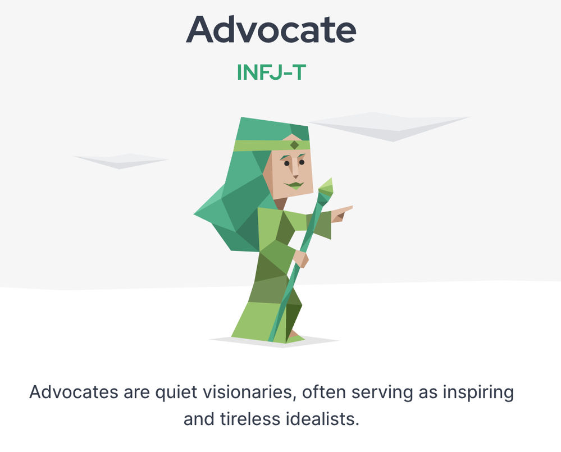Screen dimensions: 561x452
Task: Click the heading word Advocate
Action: pos(271,30)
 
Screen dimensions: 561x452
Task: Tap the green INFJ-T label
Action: pos(272,72)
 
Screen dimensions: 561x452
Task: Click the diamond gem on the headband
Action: pos(294,145)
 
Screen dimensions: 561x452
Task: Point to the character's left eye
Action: pos(302,162)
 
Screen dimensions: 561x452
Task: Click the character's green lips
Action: pos(294,185)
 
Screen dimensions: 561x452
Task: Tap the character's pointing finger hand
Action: pos(341,213)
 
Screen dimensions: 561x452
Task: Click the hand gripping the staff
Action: pos(300,258)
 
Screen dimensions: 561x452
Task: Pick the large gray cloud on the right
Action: pos(389,126)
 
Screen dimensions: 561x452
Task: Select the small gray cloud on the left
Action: pos(121,161)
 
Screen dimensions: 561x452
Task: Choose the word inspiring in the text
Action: pos(478,392)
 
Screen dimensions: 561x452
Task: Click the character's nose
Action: pos(295,170)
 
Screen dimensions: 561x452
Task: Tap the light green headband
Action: pos(271,145)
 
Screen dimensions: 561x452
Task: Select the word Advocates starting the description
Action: pos(74,392)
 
